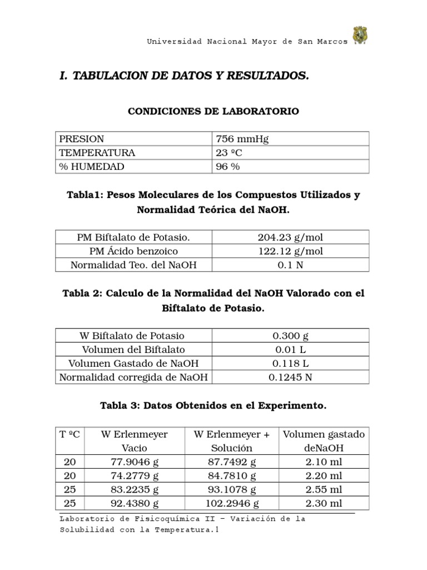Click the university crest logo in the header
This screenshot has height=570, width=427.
pyautogui.click(x=360, y=36)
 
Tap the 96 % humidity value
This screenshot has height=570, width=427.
pyautogui.click(x=228, y=166)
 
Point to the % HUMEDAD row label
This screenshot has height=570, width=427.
pyautogui.click(x=92, y=166)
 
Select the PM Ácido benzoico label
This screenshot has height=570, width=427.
pyautogui.click(x=133, y=251)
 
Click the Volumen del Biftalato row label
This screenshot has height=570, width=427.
pyautogui.click(x=133, y=350)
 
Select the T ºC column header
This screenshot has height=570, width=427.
pyautogui.click(x=69, y=434)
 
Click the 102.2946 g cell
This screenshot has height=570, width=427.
pyautogui.click(x=232, y=504)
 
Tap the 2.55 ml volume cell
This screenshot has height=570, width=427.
pyautogui.click(x=324, y=490)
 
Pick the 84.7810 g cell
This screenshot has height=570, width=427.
pyautogui.click(x=232, y=476)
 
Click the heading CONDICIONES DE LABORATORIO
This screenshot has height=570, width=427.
pyautogui.click(x=213, y=111)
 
